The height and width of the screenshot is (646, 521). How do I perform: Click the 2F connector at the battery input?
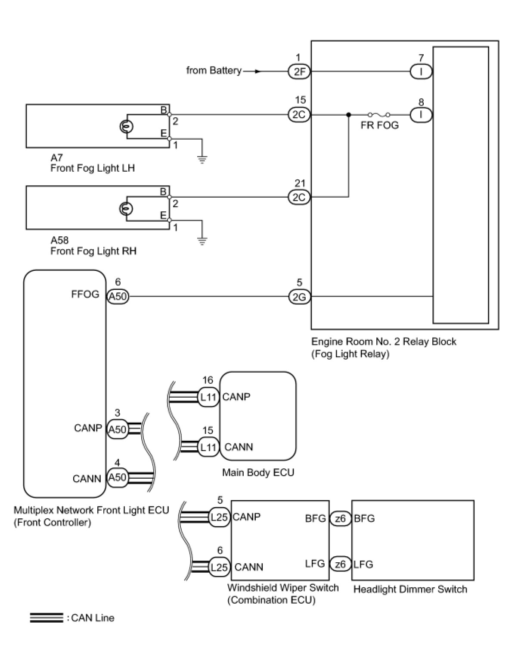click(x=299, y=72)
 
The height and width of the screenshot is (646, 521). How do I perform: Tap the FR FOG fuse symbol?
click(x=379, y=115)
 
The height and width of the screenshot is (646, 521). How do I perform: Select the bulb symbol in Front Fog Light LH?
click(x=126, y=126)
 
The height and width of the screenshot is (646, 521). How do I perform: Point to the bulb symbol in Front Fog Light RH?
click(x=126, y=209)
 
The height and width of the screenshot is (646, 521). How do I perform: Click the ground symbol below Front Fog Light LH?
click(x=202, y=159)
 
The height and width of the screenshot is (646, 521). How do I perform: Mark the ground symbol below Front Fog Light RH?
click(x=202, y=241)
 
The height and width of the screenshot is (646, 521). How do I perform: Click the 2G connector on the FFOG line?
click(x=299, y=297)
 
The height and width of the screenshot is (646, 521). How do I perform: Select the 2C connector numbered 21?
click(x=299, y=197)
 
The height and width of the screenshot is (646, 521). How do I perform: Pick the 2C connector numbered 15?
click(x=299, y=115)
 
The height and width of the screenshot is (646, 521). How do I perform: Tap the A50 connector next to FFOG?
click(x=118, y=296)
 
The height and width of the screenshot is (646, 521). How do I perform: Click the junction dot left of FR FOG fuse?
click(x=348, y=115)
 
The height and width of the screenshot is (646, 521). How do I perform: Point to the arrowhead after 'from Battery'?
click(x=257, y=72)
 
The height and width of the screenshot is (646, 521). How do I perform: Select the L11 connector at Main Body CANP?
click(x=208, y=397)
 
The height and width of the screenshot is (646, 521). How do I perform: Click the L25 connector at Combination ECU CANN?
click(x=219, y=567)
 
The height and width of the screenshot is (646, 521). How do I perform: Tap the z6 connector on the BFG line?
click(x=340, y=518)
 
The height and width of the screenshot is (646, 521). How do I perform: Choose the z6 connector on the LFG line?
click(x=340, y=564)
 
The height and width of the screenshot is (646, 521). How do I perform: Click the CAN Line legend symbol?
click(x=47, y=618)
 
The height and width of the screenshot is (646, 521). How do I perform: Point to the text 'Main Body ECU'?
click(x=258, y=472)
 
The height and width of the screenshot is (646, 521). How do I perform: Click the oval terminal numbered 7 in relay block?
click(x=421, y=72)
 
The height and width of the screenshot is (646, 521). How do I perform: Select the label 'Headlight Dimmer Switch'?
click(x=410, y=589)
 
